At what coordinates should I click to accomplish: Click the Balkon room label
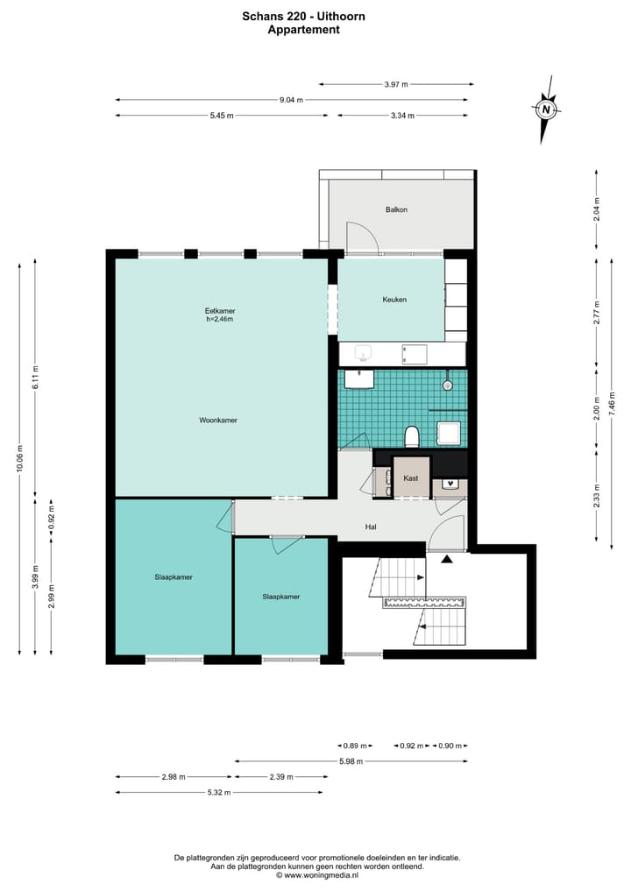[x=396, y=209]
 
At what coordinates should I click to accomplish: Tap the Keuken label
[x=394, y=300]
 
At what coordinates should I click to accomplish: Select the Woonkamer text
[x=218, y=421]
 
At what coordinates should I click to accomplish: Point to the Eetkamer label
[x=220, y=311]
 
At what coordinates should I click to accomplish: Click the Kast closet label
[x=410, y=478]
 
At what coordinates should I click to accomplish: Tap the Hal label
[x=371, y=527]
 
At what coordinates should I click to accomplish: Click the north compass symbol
[x=546, y=110]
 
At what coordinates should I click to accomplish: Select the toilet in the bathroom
[x=412, y=436]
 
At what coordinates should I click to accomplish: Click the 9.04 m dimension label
[x=291, y=100]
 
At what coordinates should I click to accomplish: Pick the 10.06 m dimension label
[x=20, y=459]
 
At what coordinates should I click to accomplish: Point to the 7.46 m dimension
[x=612, y=404]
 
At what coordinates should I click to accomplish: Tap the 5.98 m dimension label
[x=351, y=761]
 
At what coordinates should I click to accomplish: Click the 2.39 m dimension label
[x=281, y=777]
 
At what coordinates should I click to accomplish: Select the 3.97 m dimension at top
[x=396, y=85]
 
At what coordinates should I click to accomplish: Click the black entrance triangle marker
[x=447, y=559]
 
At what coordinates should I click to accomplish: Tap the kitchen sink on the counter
[x=363, y=353]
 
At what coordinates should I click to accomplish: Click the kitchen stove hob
[x=414, y=354]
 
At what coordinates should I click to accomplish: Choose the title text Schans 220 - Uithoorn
[x=303, y=17]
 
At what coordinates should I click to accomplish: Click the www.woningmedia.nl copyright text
[x=317, y=875]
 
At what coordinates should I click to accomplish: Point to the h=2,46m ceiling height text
[x=220, y=320]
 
